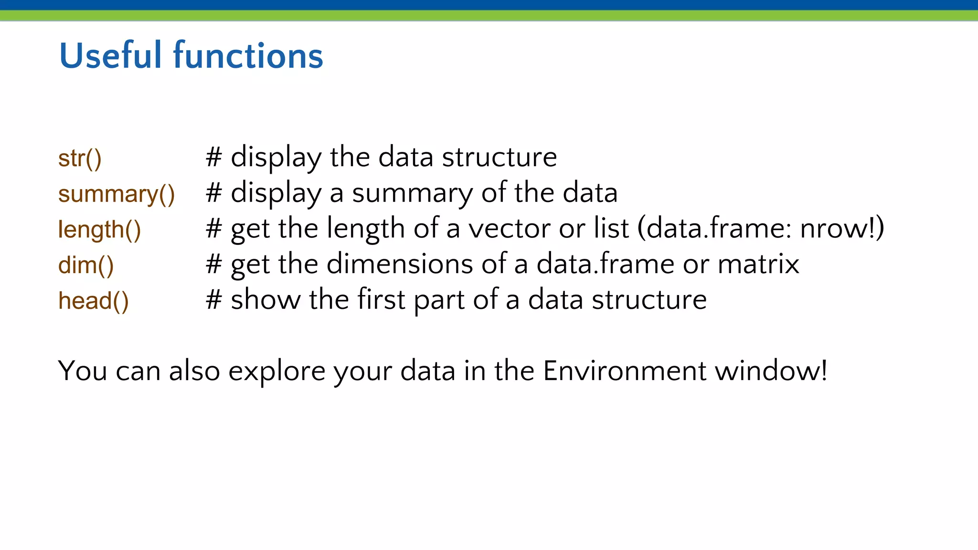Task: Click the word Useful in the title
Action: pos(110,56)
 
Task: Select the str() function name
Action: pos(80,159)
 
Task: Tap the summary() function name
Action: pos(117,194)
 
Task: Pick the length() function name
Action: pos(99,230)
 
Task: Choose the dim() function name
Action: pos(86,265)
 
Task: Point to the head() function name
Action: pos(94,301)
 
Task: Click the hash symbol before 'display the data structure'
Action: pos(213,157)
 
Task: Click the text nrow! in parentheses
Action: pos(838,228)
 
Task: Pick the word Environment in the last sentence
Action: pos(624,370)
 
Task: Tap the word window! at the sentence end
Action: pos(771,370)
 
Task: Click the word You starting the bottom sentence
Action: pos(82,370)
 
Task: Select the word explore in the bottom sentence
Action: pos(276,371)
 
